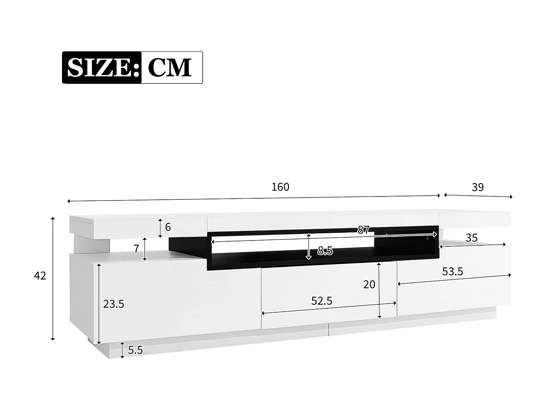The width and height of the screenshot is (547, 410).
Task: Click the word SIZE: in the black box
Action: pos(102,67)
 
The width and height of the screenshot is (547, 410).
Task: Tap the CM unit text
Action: pos(170,67)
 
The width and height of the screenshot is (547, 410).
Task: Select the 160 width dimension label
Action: pos(280,187)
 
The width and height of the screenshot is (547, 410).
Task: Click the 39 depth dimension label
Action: pos(477,187)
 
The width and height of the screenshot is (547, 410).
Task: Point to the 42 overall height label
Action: pos(40,276)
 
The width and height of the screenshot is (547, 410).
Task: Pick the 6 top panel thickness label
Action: pos(168,227)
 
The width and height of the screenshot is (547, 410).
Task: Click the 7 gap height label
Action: pos(136,249)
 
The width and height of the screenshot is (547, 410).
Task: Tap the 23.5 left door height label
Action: pos(113,304)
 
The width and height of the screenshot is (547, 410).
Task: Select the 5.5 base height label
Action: pos(135,350)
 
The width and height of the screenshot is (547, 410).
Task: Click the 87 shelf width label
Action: pos(363,230)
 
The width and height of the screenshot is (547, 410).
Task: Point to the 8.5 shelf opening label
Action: pos(325,251)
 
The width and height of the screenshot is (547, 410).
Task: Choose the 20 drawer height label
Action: pos(369,284)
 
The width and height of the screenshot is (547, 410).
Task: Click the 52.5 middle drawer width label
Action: pos(322,301)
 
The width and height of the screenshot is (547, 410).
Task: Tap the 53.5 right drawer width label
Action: pos(453,272)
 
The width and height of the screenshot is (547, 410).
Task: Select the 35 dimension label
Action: pos(472,238)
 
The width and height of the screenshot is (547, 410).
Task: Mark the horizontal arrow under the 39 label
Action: pos(478,196)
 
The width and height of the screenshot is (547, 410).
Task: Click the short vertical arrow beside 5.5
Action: pos(123,350)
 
